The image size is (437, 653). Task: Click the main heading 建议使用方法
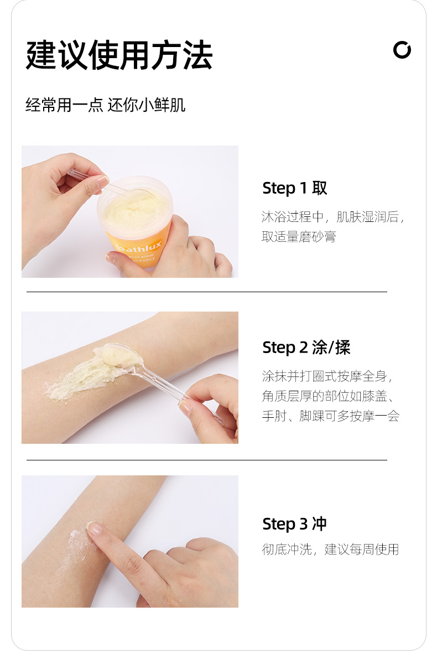(x=119, y=55)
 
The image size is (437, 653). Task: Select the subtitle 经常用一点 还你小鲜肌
(x=105, y=105)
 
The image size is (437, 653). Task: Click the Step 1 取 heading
(x=295, y=188)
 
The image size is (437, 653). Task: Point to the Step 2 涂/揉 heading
(x=306, y=348)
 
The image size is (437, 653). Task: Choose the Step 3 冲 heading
(x=294, y=524)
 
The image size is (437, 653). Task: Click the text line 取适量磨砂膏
(x=299, y=236)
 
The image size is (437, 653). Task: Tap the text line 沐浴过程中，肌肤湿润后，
(x=333, y=216)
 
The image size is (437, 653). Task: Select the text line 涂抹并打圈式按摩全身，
(x=327, y=376)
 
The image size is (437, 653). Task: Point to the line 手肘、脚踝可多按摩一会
(x=331, y=416)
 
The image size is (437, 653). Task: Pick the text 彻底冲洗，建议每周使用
(x=330, y=550)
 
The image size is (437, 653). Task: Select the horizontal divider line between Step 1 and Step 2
(x=207, y=292)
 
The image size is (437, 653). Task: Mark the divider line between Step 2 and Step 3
(x=207, y=460)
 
